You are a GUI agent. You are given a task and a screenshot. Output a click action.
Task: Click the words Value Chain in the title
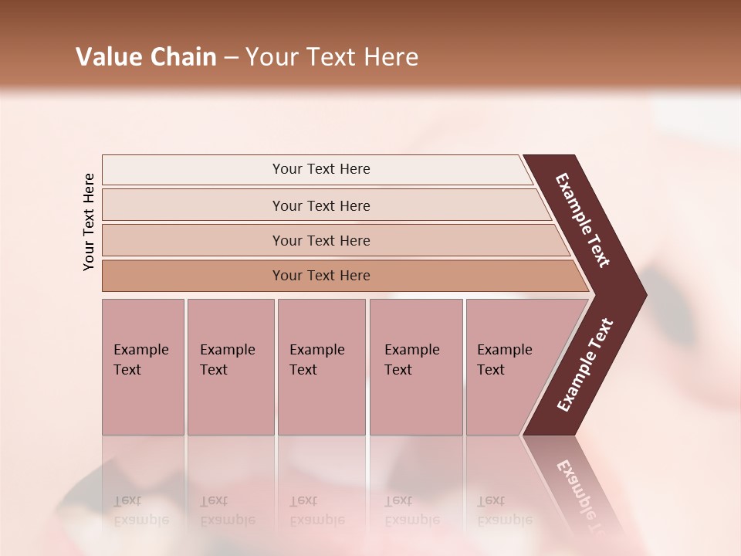(x=146, y=57)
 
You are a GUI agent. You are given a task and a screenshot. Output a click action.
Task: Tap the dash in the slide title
(x=231, y=58)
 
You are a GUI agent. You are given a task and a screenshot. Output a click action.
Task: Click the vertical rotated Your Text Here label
(x=89, y=222)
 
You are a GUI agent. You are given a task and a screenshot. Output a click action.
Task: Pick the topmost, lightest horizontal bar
(x=320, y=169)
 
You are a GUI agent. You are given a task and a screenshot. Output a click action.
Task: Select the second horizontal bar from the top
(x=320, y=205)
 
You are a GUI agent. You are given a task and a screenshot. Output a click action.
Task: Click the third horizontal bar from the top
(x=320, y=240)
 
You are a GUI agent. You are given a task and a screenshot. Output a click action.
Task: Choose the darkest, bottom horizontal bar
(x=320, y=276)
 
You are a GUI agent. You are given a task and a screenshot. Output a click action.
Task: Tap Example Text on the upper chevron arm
(x=584, y=220)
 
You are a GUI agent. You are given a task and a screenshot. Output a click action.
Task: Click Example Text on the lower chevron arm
(x=585, y=364)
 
